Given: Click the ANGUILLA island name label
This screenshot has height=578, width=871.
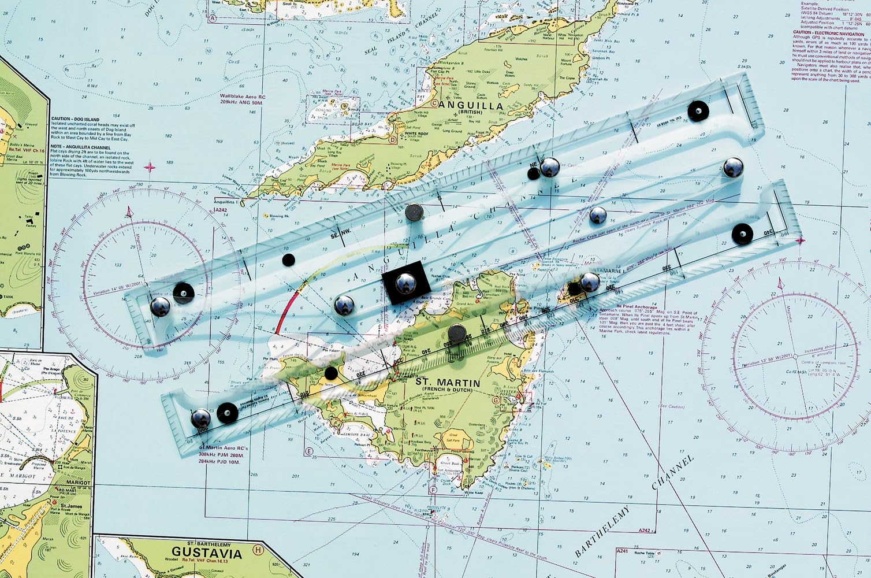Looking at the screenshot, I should (x=471, y=106).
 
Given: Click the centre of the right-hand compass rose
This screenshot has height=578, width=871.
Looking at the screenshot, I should (x=795, y=355).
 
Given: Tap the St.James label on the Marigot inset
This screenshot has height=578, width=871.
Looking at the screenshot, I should (x=70, y=506).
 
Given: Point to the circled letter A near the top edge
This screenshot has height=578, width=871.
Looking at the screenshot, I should (x=212, y=18).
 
